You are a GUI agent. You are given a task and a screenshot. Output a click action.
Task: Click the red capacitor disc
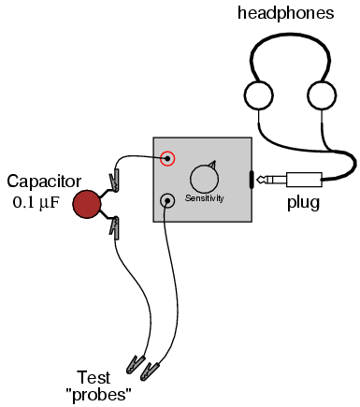(x=87, y=204)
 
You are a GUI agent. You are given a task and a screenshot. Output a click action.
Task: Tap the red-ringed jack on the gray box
(x=167, y=158)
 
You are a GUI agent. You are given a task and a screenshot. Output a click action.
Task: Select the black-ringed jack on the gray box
(x=167, y=201)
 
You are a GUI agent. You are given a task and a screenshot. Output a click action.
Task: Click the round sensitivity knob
(x=204, y=179)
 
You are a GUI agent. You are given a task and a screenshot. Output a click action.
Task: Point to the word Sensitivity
(x=205, y=198)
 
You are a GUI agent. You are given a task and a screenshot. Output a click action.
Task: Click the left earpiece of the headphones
(x=259, y=95)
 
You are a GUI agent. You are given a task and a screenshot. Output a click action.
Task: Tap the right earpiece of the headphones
(x=322, y=95)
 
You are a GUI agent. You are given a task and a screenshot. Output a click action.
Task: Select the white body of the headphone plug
(x=304, y=180)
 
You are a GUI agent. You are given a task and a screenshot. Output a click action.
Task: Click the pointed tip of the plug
(x=258, y=180)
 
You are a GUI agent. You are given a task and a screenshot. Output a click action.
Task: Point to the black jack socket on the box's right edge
(x=252, y=180)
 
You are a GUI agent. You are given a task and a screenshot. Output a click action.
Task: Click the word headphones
(x=286, y=13)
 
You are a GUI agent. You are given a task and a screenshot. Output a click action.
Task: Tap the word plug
(x=303, y=203)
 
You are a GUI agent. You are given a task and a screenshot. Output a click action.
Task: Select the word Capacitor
(x=44, y=182)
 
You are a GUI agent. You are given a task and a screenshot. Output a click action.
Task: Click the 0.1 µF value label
(x=36, y=203)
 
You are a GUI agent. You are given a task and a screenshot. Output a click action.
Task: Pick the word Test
(x=94, y=377)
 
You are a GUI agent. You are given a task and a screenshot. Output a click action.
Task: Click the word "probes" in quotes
(x=98, y=395)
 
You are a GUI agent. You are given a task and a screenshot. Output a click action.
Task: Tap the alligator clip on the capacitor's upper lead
(x=114, y=181)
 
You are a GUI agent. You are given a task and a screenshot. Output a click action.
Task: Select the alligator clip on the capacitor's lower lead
(x=114, y=227)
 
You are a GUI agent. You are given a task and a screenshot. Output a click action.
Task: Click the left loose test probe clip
(x=136, y=364)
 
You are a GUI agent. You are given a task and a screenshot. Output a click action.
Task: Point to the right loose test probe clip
(x=151, y=371)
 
